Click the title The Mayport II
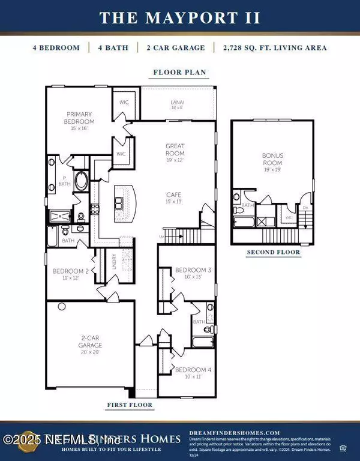180,17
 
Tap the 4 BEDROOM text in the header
56,47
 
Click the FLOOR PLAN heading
179,73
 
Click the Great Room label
175,149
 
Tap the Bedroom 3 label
188,274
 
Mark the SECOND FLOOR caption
273,253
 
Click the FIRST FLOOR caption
129,405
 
